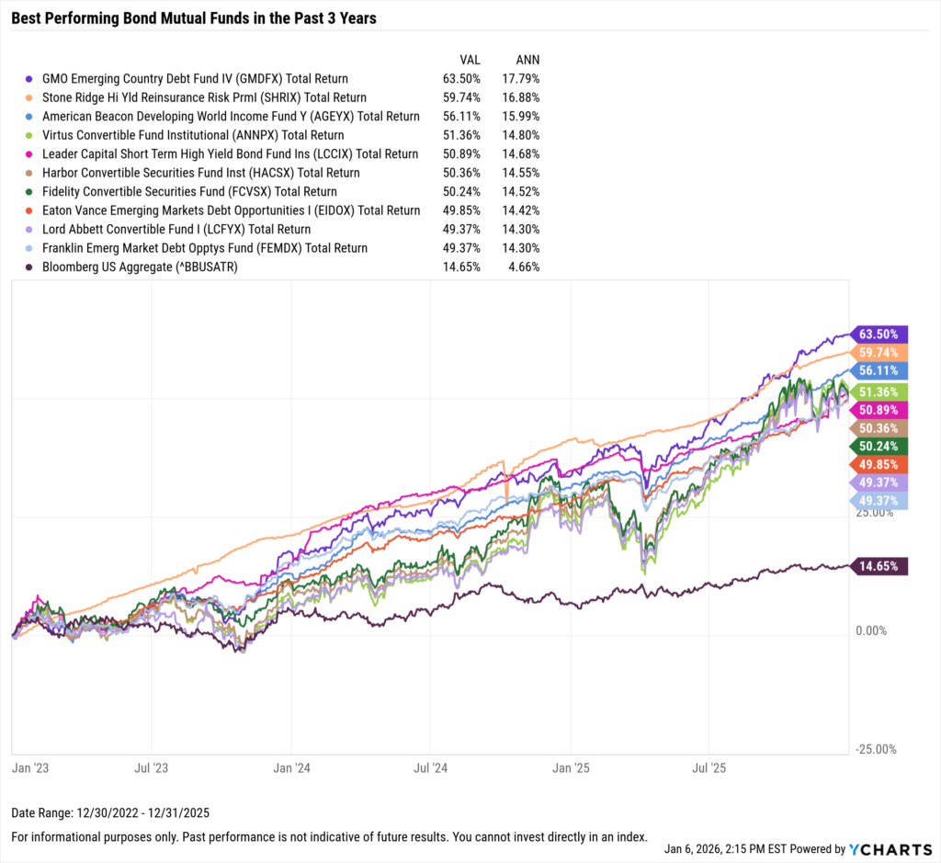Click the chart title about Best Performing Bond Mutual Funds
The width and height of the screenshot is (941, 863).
(x=193, y=18)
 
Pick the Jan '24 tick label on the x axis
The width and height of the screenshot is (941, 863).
(x=291, y=765)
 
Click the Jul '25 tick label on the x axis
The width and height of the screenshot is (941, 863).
(x=709, y=765)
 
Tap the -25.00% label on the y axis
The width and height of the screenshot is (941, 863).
(x=876, y=749)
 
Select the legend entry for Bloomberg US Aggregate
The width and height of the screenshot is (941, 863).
(x=134, y=267)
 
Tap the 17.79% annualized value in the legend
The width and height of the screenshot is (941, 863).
(x=518, y=79)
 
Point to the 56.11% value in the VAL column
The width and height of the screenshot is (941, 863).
(x=461, y=117)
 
